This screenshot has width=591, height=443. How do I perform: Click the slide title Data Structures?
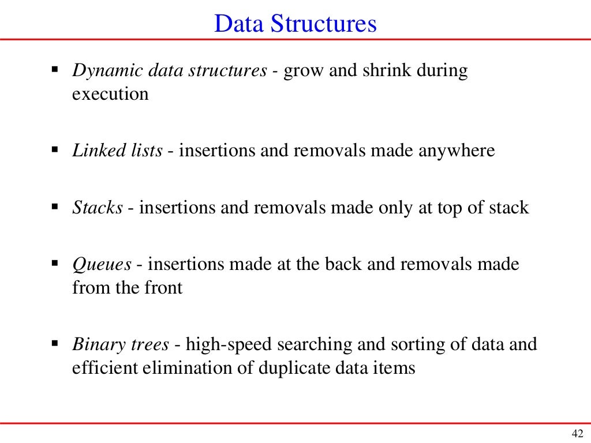295,24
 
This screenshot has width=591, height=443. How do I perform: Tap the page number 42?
577,434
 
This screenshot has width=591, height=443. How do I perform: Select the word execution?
110,93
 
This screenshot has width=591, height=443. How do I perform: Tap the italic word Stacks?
98,208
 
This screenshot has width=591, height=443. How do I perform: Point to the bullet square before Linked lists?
55,149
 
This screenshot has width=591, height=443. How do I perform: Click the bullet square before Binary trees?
55,343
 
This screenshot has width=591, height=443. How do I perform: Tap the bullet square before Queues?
55,262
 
